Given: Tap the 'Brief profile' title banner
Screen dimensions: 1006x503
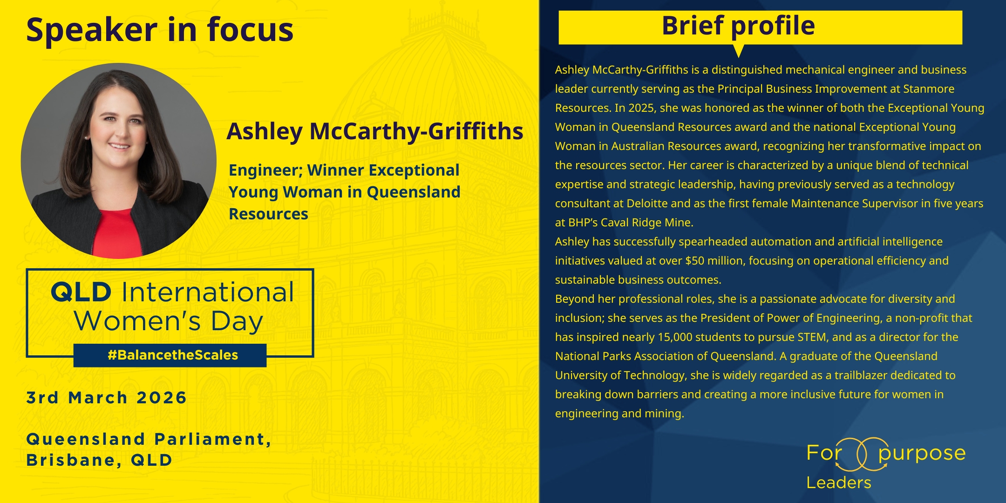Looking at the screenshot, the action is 760,27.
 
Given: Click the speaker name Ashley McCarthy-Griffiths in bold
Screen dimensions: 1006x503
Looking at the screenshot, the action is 375,131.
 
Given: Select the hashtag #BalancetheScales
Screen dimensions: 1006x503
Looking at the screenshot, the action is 173,355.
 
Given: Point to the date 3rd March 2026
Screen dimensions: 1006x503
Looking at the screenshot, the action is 107,398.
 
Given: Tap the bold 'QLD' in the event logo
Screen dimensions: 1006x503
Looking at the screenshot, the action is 81,292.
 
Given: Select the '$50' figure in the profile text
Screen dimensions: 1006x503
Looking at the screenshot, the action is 695,261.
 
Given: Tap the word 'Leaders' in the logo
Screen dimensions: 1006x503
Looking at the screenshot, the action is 839,483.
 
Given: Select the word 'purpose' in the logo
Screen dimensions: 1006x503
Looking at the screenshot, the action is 922,454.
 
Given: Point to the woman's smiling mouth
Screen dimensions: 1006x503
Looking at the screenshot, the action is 119,147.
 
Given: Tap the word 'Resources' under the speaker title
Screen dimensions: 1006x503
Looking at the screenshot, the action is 268,214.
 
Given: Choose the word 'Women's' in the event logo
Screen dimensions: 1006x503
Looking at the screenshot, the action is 137,321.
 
